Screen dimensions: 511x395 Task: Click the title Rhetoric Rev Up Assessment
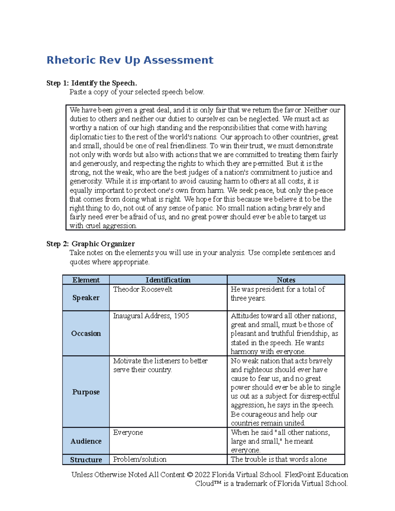coord(130,60)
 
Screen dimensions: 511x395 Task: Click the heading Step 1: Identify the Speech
coord(92,83)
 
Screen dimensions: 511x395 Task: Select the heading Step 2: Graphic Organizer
coord(91,244)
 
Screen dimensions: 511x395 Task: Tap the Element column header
coord(86,280)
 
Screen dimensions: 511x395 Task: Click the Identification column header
coord(168,280)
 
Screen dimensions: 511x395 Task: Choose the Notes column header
coord(286,280)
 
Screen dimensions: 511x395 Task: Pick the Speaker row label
coord(86,298)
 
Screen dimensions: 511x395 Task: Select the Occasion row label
coord(86,333)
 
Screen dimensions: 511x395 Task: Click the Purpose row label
coord(86,392)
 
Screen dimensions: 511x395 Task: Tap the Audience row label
coord(86,441)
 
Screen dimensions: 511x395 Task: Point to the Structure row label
coord(86,460)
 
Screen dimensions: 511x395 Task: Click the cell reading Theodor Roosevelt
coord(143,289)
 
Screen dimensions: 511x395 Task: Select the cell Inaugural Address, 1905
coord(151,316)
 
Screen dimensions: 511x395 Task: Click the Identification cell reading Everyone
coord(128,432)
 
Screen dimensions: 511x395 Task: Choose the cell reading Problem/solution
coord(140,459)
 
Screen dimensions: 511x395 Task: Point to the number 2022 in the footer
coord(202,475)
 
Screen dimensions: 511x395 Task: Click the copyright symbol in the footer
coord(190,475)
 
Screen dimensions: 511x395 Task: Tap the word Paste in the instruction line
coord(78,92)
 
